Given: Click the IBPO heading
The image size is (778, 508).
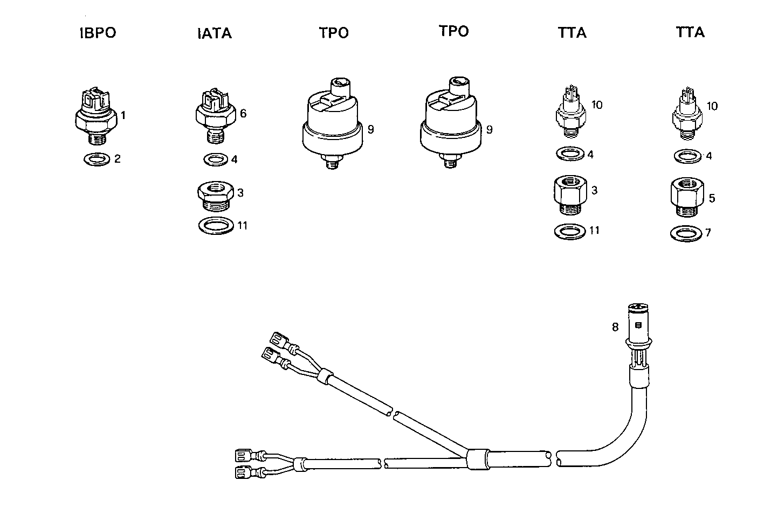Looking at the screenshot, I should point(98,33).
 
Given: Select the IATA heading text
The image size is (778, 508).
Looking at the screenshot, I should point(214,33).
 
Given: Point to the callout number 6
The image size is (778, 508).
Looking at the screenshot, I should point(243,114).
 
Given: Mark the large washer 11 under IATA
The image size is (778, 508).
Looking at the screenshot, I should point(216,225).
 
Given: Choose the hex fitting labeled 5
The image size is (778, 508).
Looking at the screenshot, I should point(686,197).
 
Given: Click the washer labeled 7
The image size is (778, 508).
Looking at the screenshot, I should point(686,234).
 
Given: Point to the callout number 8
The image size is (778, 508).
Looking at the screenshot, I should point(615,326).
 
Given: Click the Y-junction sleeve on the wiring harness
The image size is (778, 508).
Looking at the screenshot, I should point(477,459).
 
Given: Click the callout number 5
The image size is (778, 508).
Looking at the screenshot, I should point(712,199).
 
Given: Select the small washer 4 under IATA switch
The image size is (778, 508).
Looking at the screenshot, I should point(216,160).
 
